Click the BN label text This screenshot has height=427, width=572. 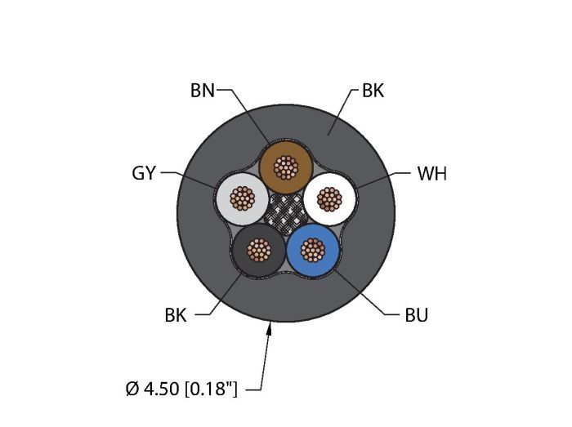pyautogui.click(x=203, y=91)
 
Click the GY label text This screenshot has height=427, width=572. pyautogui.click(x=144, y=173)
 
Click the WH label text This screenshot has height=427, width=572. pyautogui.click(x=432, y=173)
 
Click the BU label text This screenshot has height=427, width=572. pyautogui.click(x=417, y=314)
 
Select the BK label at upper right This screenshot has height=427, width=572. pyautogui.click(x=373, y=91)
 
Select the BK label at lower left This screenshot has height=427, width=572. pyautogui.click(x=176, y=314)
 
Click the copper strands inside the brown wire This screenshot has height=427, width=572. pyautogui.click(x=285, y=168)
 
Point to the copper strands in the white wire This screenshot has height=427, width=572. pyautogui.click(x=328, y=198)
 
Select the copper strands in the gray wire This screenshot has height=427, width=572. pyautogui.click(x=243, y=198)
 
